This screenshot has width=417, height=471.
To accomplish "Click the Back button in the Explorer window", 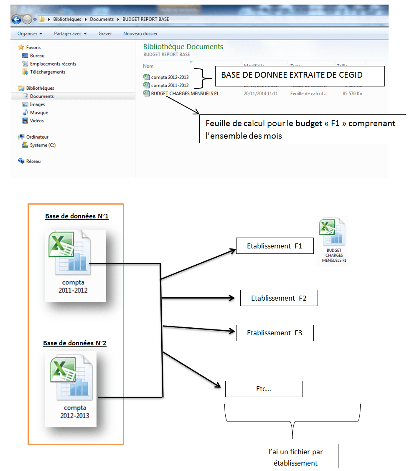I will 16,19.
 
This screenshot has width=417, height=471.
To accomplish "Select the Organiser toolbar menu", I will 30,33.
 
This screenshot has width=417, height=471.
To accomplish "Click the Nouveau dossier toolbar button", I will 140,33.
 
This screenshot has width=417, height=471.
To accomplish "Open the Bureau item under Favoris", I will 37,56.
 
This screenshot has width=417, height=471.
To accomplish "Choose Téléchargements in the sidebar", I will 47,72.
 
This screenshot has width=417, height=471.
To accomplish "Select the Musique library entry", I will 39,112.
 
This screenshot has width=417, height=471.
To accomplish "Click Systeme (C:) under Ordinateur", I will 43,145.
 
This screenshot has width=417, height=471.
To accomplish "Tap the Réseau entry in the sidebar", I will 33,161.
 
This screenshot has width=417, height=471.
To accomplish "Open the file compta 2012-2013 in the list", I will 170,77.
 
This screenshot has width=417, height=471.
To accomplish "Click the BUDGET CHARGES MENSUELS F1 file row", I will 184,94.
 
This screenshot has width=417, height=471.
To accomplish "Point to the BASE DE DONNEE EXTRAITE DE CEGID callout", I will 300,76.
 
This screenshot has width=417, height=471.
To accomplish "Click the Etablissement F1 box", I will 275,246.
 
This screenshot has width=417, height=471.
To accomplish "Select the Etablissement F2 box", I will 279,298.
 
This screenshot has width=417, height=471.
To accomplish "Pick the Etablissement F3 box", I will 275,333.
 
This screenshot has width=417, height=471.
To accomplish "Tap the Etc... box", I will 264,389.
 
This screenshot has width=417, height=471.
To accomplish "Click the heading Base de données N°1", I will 77,216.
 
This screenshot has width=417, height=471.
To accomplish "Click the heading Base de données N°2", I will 75,343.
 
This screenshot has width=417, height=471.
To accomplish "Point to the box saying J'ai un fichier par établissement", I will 295,457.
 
